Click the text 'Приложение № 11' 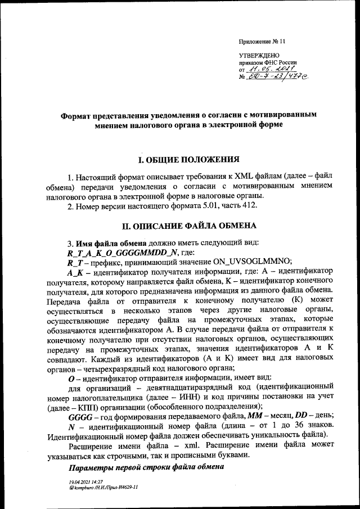263,42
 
